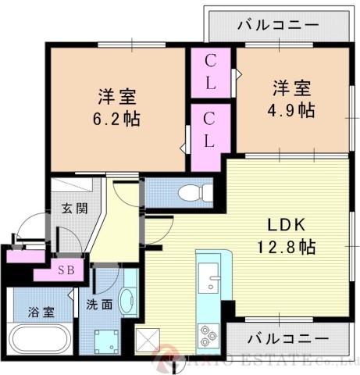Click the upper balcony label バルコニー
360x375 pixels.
277,25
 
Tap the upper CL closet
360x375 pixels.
211,71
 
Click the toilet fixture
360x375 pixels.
189,191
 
